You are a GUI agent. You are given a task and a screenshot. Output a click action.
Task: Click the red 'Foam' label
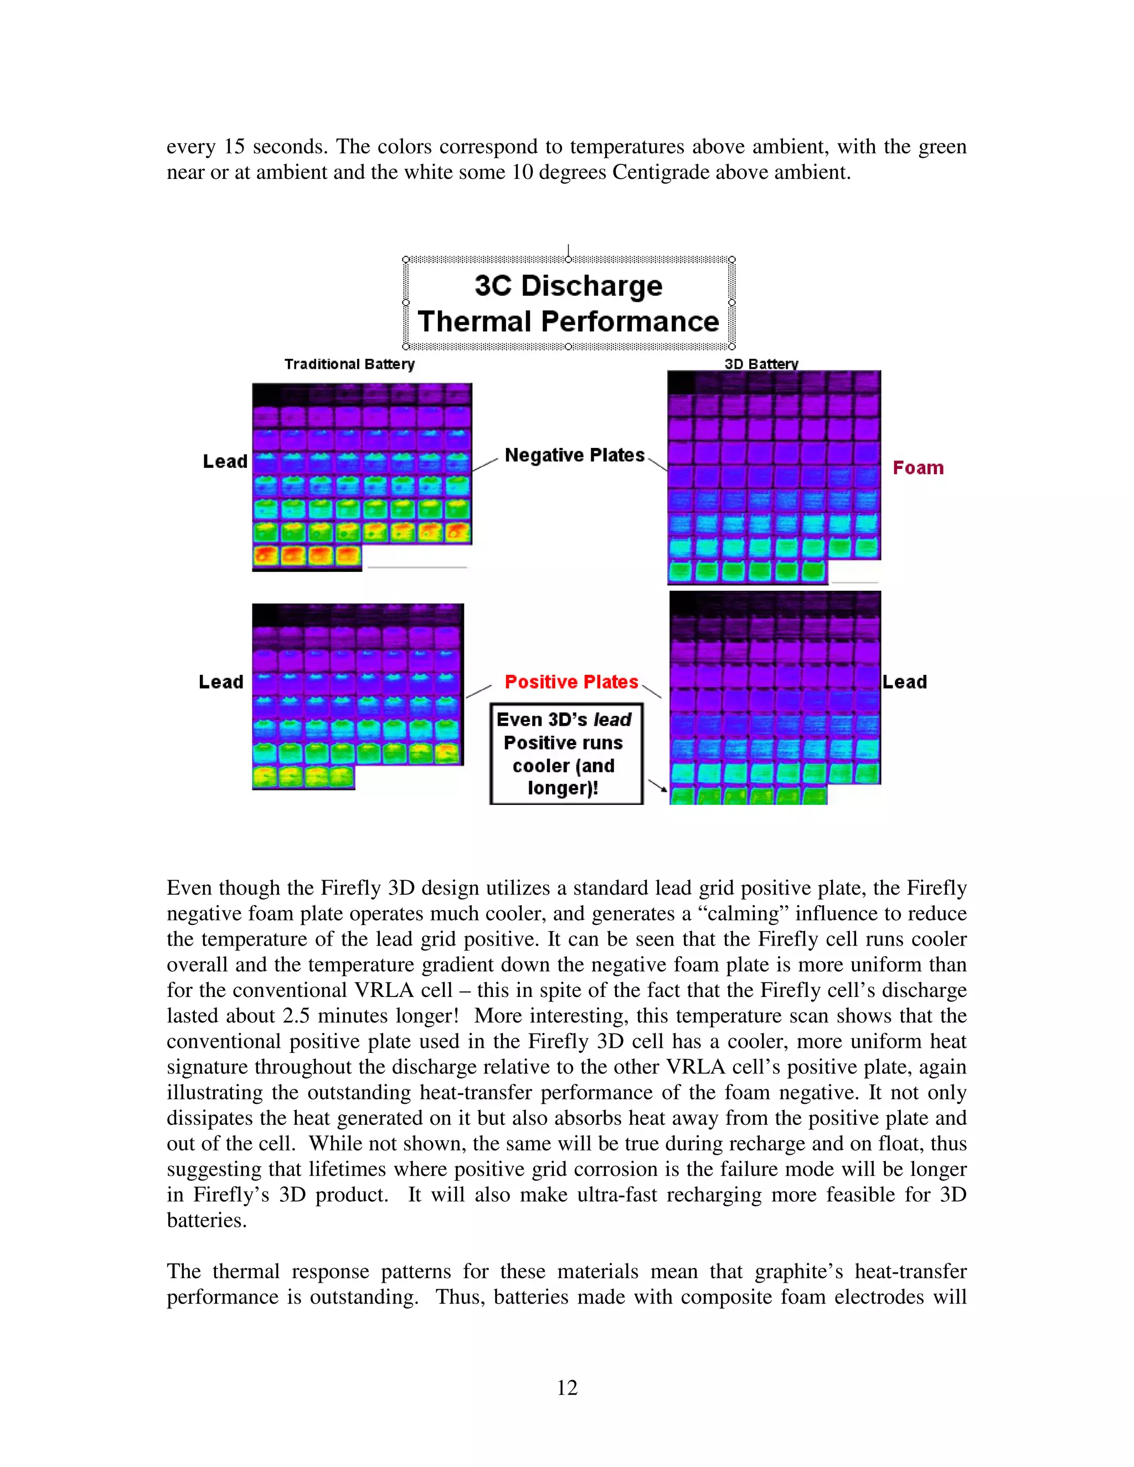[x=917, y=468]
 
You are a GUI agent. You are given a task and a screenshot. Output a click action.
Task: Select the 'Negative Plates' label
[x=574, y=456]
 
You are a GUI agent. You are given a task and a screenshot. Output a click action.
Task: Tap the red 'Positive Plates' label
[x=571, y=682]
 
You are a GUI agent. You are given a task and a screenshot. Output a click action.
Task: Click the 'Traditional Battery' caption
[x=349, y=364]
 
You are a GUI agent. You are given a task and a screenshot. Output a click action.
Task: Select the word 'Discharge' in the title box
[x=592, y=286]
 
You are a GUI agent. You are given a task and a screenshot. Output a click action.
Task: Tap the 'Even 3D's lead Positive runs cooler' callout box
[x=566, y=753]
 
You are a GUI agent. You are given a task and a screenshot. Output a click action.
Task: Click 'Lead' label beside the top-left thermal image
[x=225, y=462]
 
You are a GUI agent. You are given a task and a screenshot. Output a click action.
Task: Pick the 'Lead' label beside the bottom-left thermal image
[x=221, y=682]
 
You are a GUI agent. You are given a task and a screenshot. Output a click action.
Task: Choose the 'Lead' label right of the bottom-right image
[x=905, y=682]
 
